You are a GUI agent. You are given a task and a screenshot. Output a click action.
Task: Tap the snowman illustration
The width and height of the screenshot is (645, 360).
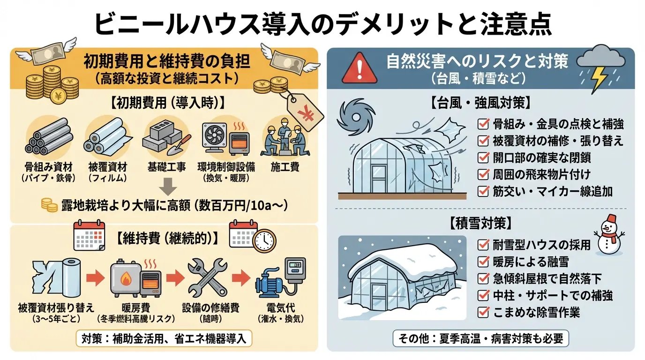click(x=608, y=234)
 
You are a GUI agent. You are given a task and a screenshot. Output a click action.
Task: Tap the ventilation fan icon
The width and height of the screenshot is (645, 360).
click(x=214, y=136)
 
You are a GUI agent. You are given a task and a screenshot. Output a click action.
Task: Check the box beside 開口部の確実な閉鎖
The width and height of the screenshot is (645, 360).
click(x=483, y=158)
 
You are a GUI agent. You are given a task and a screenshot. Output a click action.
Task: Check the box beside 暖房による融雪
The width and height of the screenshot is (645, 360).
click(x=483, y=261)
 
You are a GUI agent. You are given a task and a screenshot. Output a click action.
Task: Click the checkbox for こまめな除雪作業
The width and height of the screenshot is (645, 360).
click(x=483, y=312)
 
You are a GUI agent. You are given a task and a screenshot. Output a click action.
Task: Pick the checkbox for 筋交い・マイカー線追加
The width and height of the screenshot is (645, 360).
click(x=483, y=191)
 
